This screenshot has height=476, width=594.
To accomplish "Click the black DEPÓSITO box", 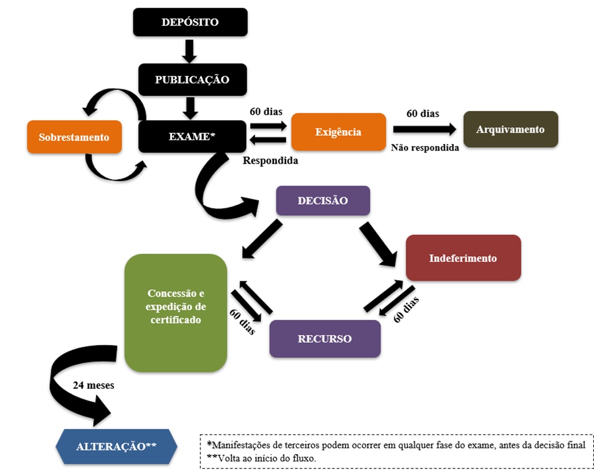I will click(190, 23).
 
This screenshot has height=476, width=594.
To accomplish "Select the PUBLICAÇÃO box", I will click(192, 80).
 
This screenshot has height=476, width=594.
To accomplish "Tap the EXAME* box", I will click(192, 137).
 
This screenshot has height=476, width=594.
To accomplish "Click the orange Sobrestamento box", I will click(74, 137).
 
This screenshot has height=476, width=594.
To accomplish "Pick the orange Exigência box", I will click(338, 132).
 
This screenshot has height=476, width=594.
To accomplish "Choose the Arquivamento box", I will click(510, 129).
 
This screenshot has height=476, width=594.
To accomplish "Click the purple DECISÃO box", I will click(322, 201).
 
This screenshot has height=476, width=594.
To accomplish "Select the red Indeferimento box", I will click(463, 258).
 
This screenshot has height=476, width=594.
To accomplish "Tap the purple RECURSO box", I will click(325, 339).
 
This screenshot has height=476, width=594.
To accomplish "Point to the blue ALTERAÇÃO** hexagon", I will click(116, 447).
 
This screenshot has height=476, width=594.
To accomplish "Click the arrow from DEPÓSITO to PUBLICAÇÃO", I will click(190, 51).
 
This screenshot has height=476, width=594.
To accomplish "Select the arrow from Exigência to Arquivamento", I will click(425, 129).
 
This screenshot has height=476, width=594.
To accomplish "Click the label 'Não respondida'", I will click(425, 148).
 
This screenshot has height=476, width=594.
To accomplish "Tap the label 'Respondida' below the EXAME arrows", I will click(270, 160).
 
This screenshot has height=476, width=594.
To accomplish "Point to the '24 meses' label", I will click(93, 385).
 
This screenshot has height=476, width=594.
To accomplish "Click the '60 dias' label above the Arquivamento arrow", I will click(422, 114).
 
